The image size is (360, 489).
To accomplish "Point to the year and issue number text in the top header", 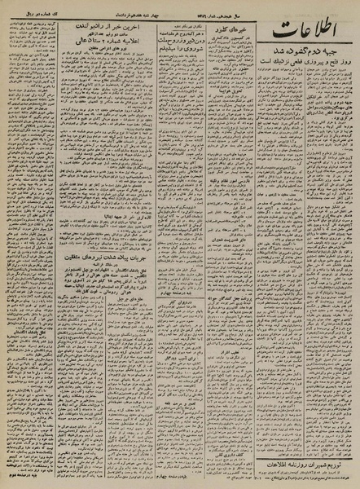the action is coord(236,7).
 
